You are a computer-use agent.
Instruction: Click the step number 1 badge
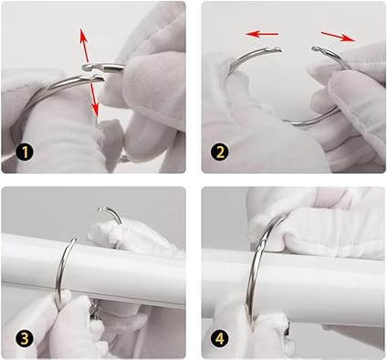pyautogui.click(x=26, y=153)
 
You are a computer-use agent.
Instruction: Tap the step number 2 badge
pyautogui.click(x=220, y=153)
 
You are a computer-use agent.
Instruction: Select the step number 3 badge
pyautogui.click(x=25, y=338)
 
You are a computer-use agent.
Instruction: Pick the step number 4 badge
pyautogui.click(x=220, y=338)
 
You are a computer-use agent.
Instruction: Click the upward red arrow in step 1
pyautogui.click(x=84, y=45)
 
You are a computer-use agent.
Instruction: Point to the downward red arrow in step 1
pyautogui.click(x=94, y=100)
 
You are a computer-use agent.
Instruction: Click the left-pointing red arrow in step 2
pyautogui.click(x=262, y=34)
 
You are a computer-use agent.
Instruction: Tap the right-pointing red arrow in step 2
pyautogui.click(x=339, y=37)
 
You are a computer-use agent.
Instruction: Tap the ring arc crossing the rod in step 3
pyautogui.click(x=64, y=268)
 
